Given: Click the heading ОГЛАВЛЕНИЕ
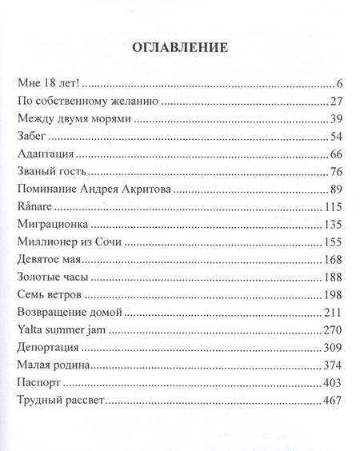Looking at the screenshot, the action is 179,47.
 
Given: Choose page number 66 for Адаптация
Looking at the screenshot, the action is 335,154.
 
